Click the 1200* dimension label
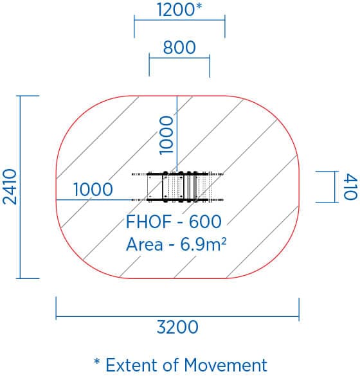tap(179, 10)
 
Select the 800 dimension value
tap(179, 47)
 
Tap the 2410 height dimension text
tap(10, 187)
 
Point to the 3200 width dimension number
tap(177, 327)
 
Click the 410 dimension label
tap(350, 186)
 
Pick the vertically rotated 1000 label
tap(166, 135)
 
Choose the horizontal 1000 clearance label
tap(93, 190)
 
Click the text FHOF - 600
tap(174, 221)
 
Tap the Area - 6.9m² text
tap(176, 244)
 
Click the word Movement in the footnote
tap(226, 365)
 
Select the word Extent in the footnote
tap(132, 365)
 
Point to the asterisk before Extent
tap(97, 361)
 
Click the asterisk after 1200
tap(199, 6)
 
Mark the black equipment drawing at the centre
tap(177, 187)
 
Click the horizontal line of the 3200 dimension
tap(177, 316)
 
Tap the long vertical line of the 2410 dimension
tap(20, 187)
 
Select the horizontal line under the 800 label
tap(179, 58)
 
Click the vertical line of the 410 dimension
tap(334, 187)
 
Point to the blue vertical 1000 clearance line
tap(177, 133)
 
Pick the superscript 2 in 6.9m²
tap(223, 241)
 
